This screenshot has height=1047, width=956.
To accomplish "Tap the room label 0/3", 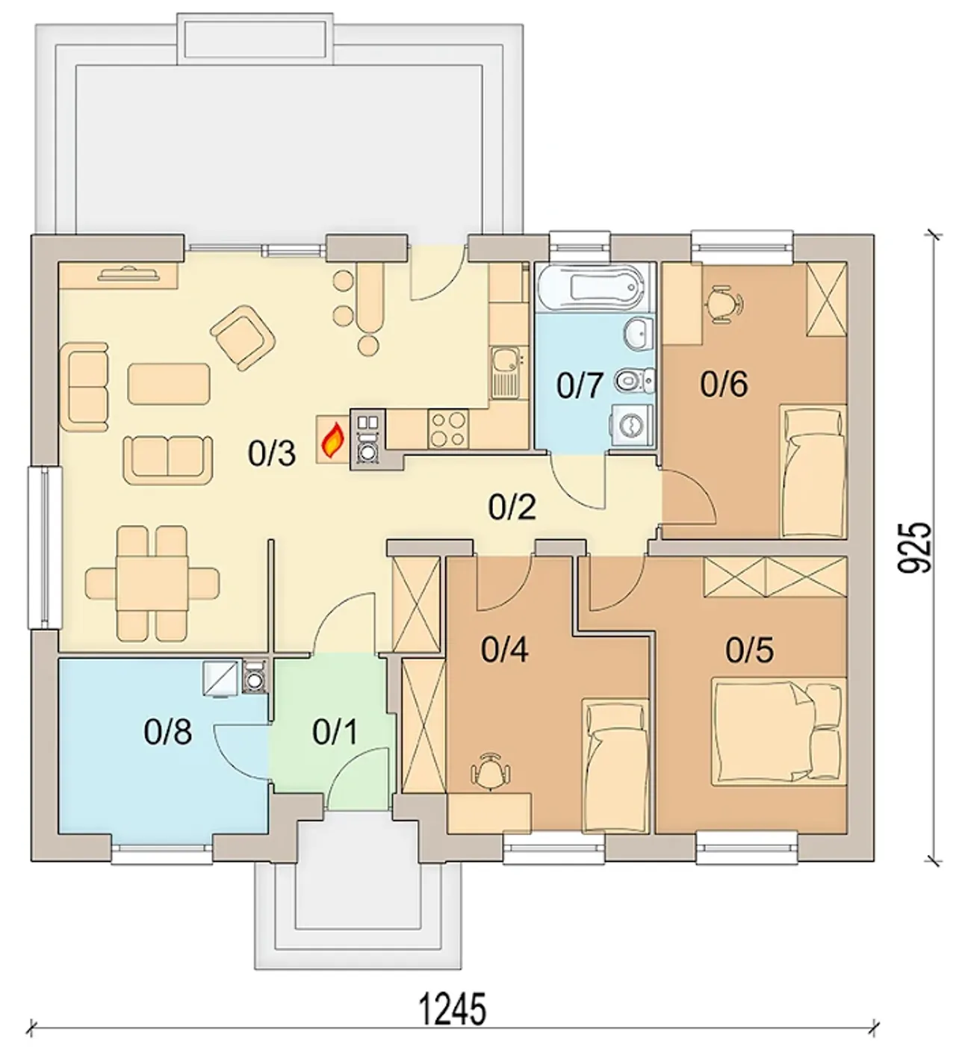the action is (272, 453).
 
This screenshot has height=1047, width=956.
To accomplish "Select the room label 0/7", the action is (580, 386).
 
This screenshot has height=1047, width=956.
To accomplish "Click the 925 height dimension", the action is (914, 547).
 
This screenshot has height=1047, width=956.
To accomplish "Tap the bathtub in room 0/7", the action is (596, 288).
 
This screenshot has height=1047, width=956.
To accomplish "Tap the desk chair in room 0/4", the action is (490, 771).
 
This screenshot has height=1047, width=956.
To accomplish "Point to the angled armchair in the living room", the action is (243, 338).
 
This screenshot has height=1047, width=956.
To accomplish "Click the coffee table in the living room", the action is (169, 384).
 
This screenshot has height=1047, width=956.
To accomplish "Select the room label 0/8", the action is (167, 733).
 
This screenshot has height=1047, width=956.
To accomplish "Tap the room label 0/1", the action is (335, 732).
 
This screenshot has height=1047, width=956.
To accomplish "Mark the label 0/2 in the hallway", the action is (512, 507).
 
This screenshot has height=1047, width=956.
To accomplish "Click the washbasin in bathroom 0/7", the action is (638, 332).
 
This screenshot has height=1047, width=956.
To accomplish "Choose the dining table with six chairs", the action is (152, 583).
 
